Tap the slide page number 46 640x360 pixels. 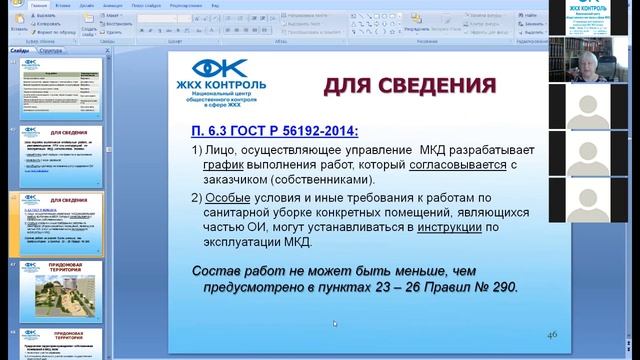552,332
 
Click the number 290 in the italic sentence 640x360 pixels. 499,287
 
